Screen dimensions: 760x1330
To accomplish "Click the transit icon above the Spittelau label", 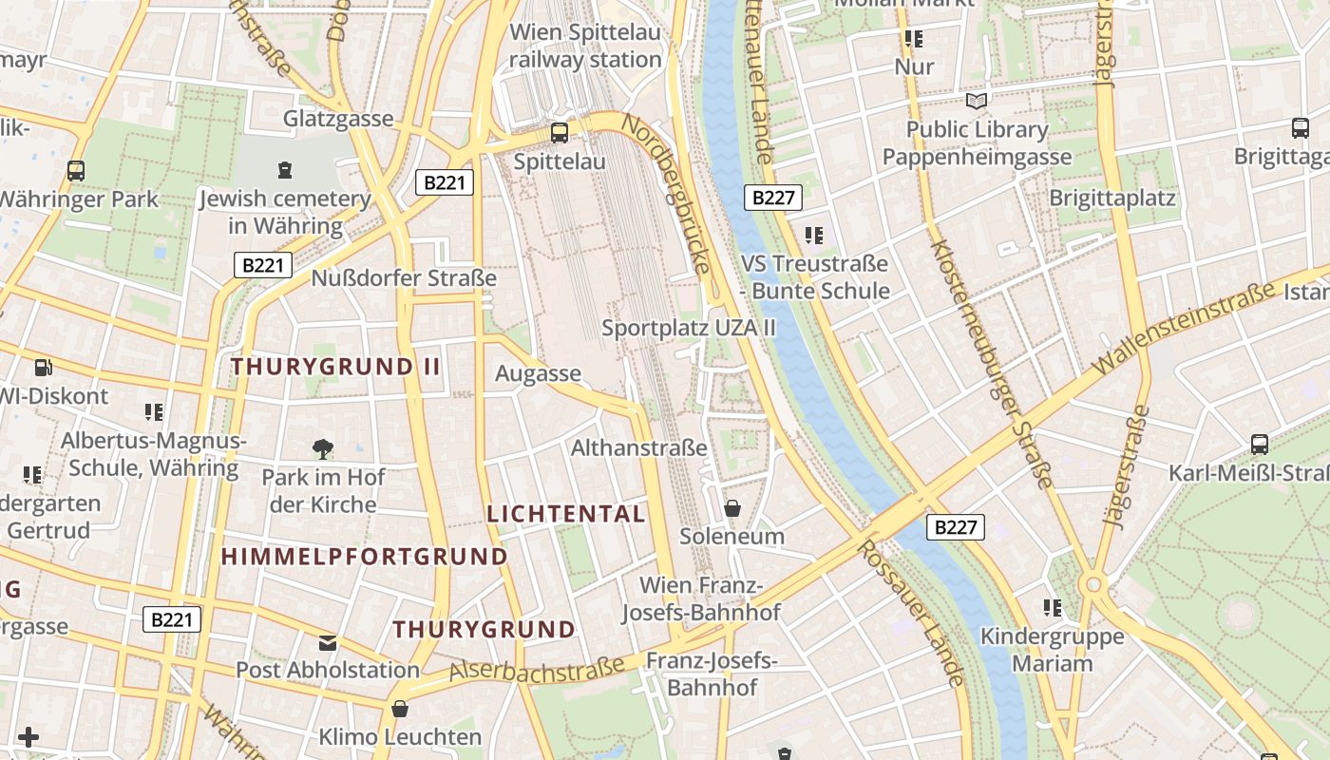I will (560, 132).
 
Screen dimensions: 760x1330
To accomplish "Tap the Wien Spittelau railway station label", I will (585, 46).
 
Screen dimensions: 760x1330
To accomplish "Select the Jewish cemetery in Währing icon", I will (285, 170).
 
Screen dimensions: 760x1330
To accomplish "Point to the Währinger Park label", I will (78, 199).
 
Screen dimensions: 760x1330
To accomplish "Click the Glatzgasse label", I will (338, 119).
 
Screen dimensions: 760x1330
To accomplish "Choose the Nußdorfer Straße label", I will (404, 278).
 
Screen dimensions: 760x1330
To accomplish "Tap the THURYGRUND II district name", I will (336, 367).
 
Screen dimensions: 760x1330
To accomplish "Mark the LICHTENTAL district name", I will (566, 514).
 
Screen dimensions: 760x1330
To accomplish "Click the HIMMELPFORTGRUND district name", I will (365, 557).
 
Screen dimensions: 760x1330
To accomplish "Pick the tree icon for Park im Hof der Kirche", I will (323, 448).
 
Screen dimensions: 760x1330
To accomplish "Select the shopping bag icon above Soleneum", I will (732, 508).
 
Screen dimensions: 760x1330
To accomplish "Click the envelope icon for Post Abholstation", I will (328, 643).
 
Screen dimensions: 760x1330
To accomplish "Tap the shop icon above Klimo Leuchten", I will (400, 709).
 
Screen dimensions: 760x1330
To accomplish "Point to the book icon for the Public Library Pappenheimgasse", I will (977, 101).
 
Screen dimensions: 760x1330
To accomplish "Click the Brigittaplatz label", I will (1112, 198).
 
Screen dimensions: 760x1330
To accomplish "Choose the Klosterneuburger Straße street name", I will (991, 364).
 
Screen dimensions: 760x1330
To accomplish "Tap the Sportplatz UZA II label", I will (689, 328).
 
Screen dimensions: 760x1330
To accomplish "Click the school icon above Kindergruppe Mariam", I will (1052, 607).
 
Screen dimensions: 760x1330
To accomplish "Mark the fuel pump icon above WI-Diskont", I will (43, 368).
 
